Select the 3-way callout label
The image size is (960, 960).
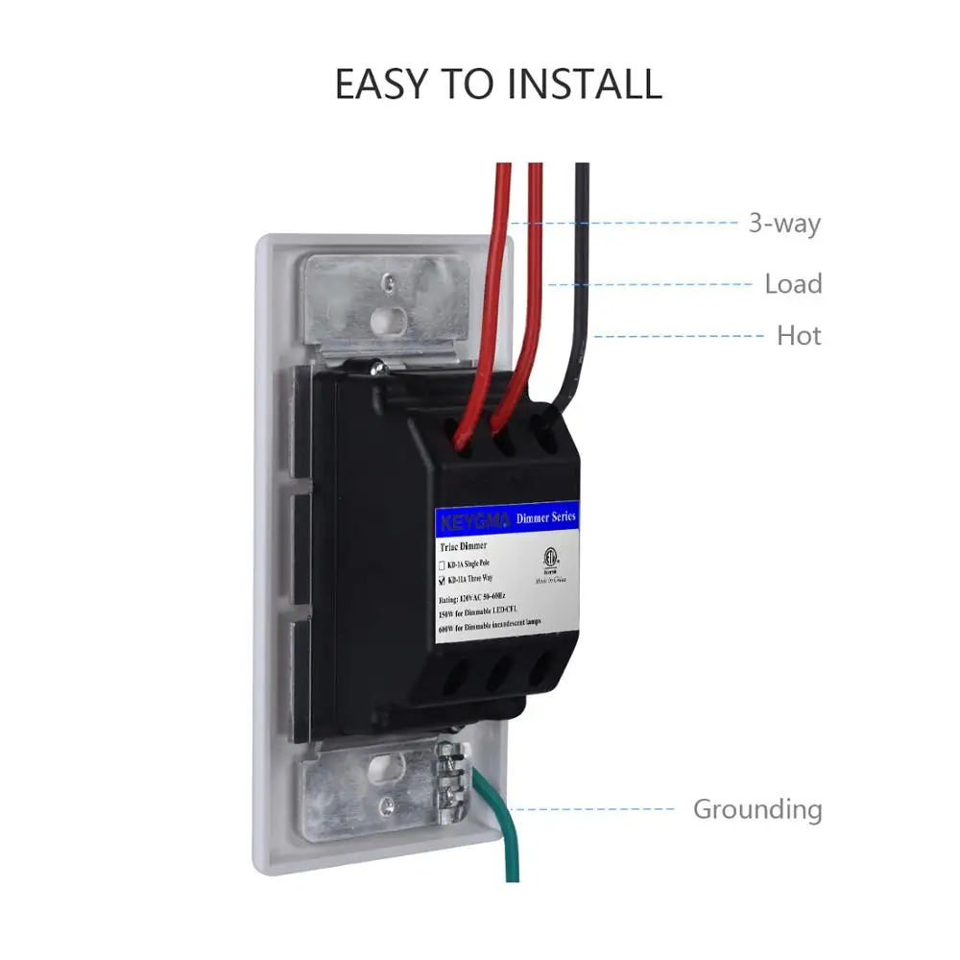point(784,224)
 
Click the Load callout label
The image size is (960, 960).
point(793,284)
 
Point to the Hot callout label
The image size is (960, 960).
point(799,336)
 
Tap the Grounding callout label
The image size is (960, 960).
point(757,809)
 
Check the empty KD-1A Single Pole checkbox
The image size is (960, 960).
point(443,564)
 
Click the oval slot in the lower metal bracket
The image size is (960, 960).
point(392,768)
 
